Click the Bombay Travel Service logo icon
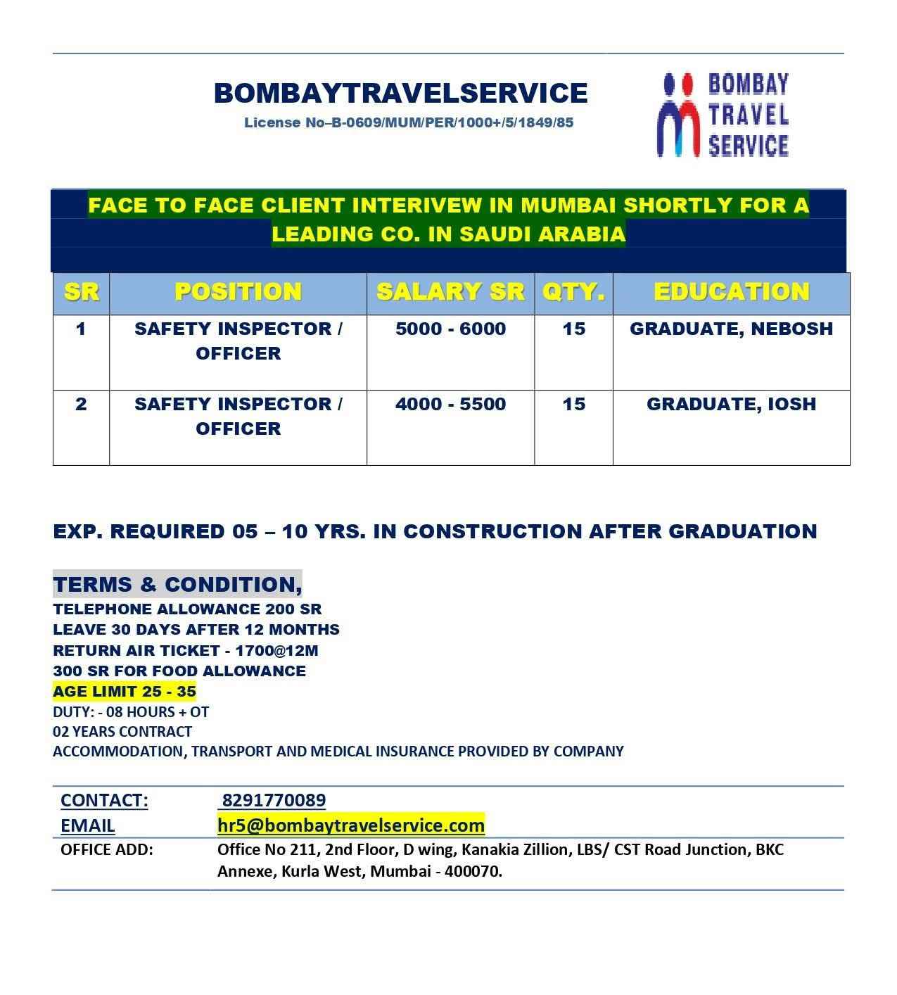(x=678, y=115)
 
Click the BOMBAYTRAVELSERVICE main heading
(x=400, y=93)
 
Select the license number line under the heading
(x=409, y=122)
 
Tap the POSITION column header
(x=238, y=292)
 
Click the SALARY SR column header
(x=450, y=292)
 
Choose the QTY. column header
(x=573, y=292)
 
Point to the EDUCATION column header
(x=731, y=292)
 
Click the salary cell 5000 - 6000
(x=450, y=329)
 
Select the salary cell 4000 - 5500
(x=450, y=404)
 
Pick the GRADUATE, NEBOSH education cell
(x=731, y=329)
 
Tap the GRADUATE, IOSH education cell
(x=731, y=404)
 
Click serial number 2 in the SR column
(x=81, y=404)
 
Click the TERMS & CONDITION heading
(x=177, y=584)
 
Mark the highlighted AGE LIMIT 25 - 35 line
(x=125, y=691)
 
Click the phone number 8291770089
(x=274, y=800)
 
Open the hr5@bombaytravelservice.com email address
(x=351, y=825)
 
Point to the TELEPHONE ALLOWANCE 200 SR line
(x=187, y=609)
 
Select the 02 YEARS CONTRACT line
(x=122, y=731)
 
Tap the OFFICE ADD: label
(x=106, y=849)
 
